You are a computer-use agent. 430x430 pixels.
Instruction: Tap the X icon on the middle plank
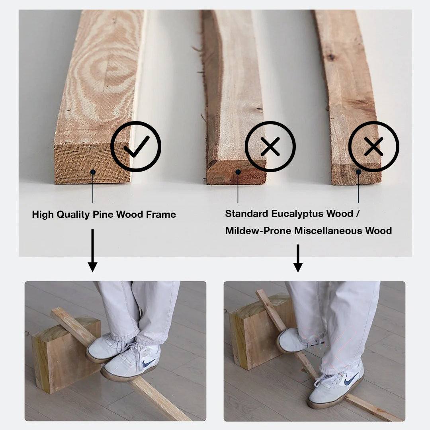(270, 147)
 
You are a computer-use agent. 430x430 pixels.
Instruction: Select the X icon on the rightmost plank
(374, 147)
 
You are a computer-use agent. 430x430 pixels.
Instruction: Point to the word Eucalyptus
(298, 214)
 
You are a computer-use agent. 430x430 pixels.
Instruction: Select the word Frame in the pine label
(161, 214)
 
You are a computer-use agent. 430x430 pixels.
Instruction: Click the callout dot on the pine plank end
(93, 172)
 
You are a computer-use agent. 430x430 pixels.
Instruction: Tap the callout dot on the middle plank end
(238, 172)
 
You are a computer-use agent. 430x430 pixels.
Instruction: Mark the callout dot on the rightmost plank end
(358, 172)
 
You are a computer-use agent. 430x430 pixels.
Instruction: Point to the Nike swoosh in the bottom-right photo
(351, 379)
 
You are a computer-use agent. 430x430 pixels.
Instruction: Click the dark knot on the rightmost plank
(331, 57)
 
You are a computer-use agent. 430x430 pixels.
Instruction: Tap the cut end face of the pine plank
(92, 163)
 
